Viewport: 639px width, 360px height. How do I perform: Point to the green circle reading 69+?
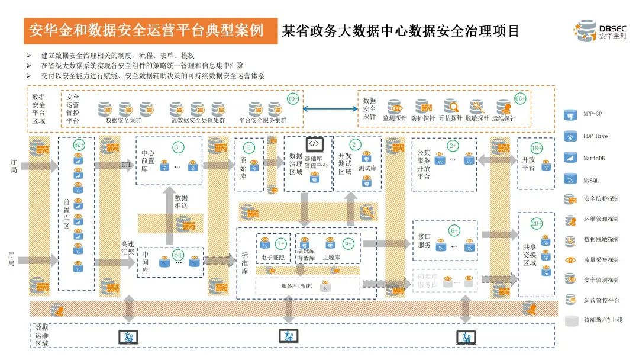79,144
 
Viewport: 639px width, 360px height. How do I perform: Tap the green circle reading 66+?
520,99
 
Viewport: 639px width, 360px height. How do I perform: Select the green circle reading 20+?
537,224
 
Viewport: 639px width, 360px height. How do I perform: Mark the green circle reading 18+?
537,148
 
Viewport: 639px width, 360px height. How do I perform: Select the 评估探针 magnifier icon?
451,107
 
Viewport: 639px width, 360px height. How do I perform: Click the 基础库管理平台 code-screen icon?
314,144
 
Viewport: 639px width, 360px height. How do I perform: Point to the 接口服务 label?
424,240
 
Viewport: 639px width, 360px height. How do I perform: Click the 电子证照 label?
273,258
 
